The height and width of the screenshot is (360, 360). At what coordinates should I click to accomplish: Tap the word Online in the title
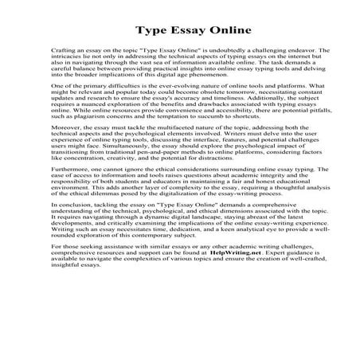coord(206,32)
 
